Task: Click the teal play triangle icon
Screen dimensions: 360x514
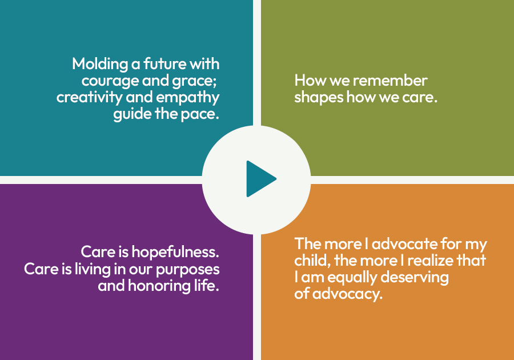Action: (x=260, y=179)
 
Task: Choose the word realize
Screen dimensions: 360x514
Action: (x=433, y=261)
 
